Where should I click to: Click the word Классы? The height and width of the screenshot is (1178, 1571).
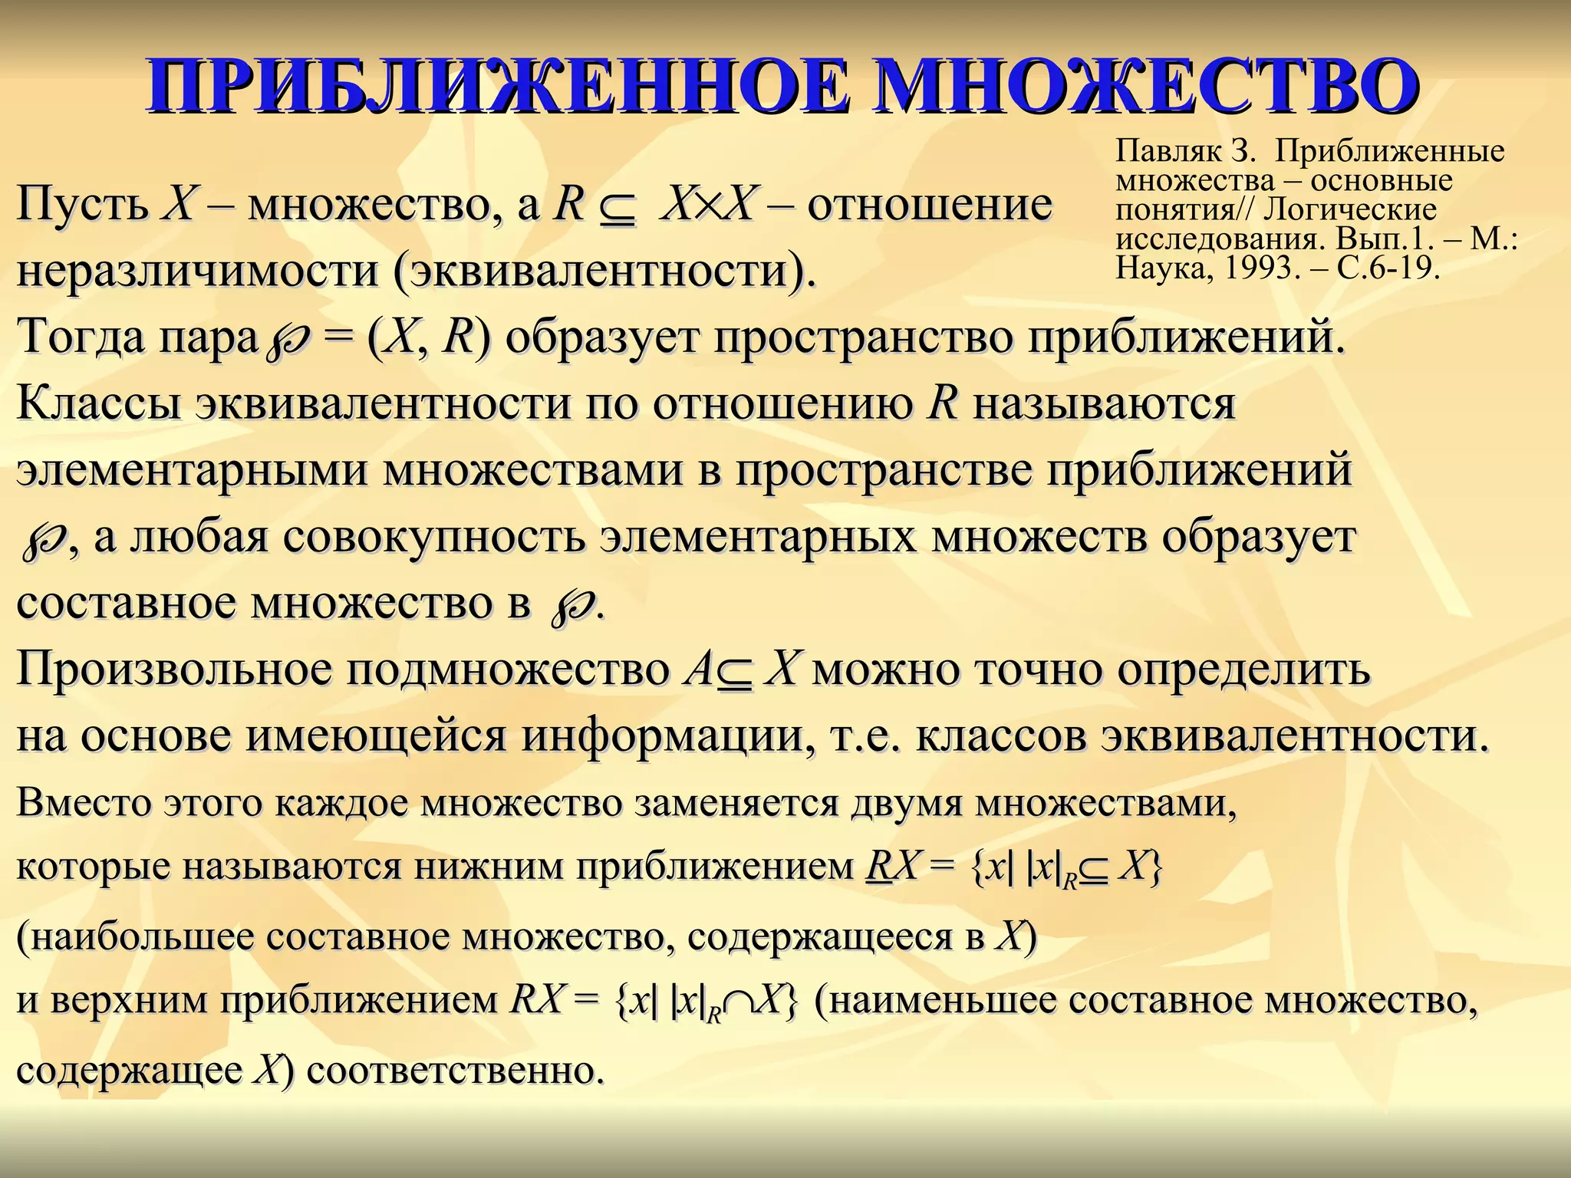[99, 403]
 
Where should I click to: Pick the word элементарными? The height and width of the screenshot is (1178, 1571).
[192, 469]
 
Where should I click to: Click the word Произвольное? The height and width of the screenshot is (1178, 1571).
[173, 669]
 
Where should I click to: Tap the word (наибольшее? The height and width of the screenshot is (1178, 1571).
[135, 936]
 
